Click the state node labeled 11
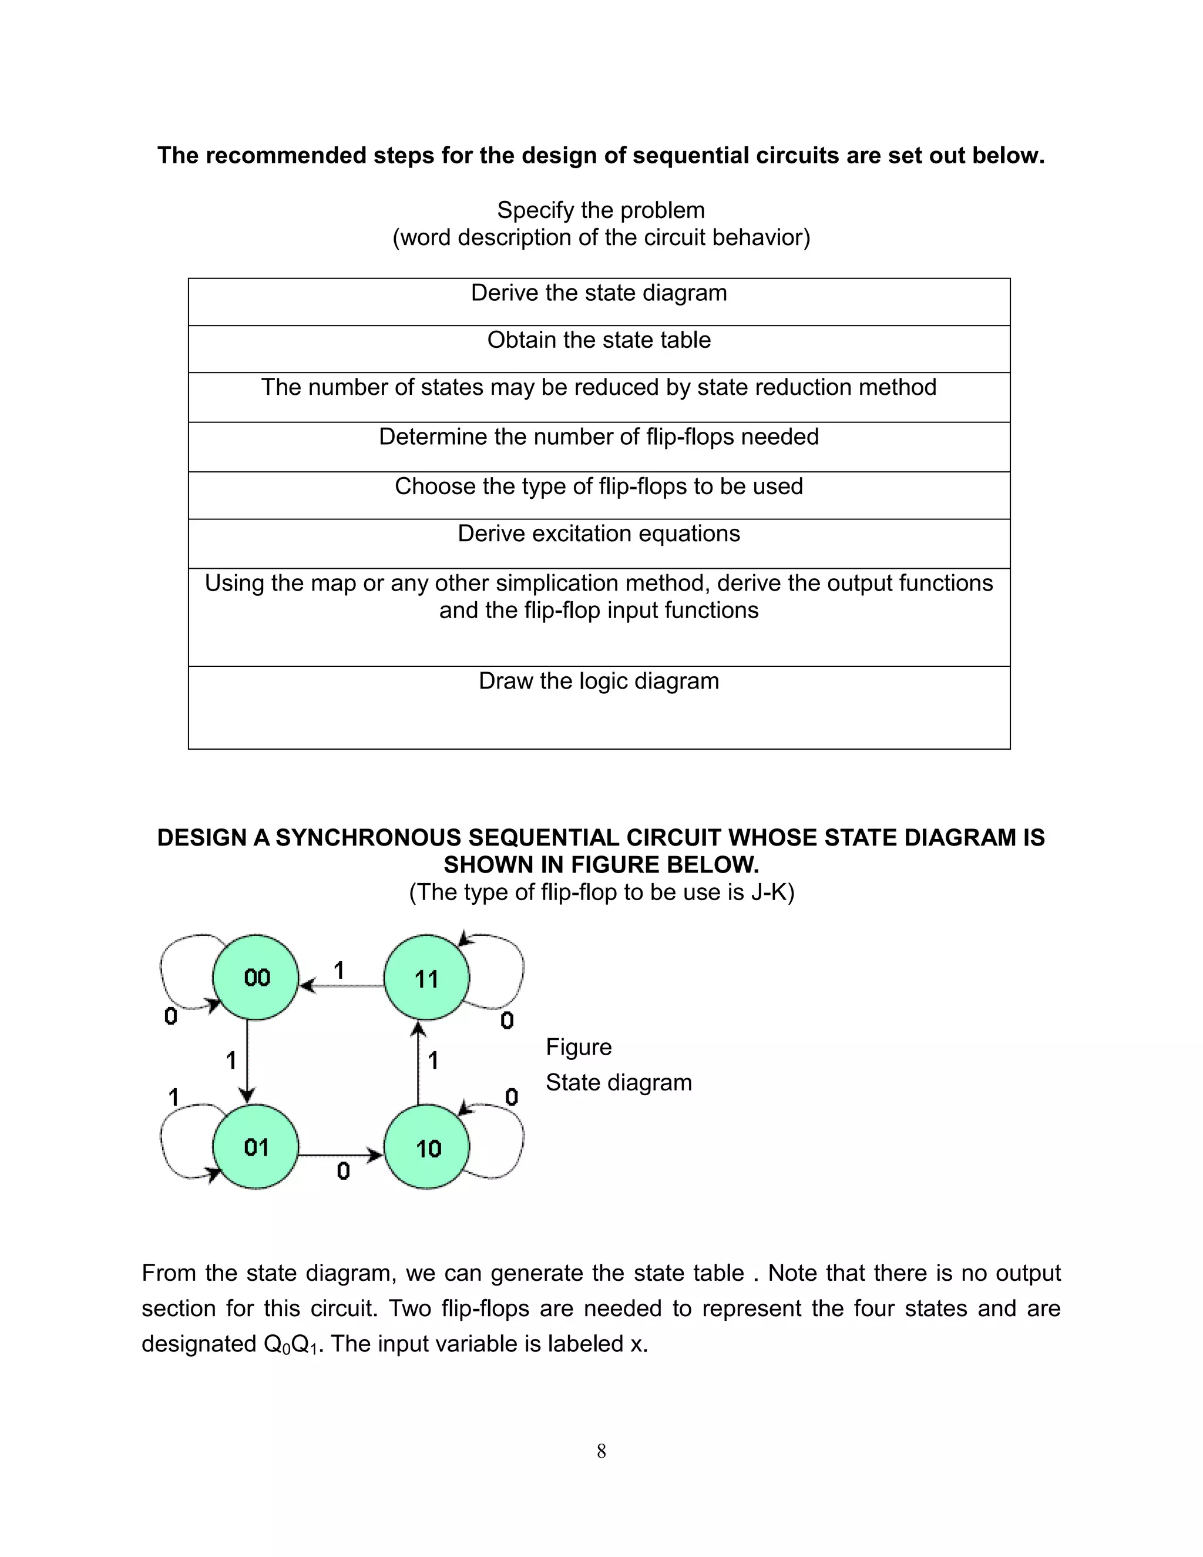pyautogui.click(x=426, y=978)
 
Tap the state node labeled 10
pyautogui.click(x=426, y=1148)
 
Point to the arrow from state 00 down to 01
pyautogui.click(x=247, y=1062)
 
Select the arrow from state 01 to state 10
pyautogui.click(x=341, y=1154)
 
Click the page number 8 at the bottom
pyautogui.click(x=601, y=1451)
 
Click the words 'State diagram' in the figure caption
pyautogui.click(x=619, y=1082)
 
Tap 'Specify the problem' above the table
pyautogui.click(x=601, y=210)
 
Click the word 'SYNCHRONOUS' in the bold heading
pyautogui.click(x=368, y=838)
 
